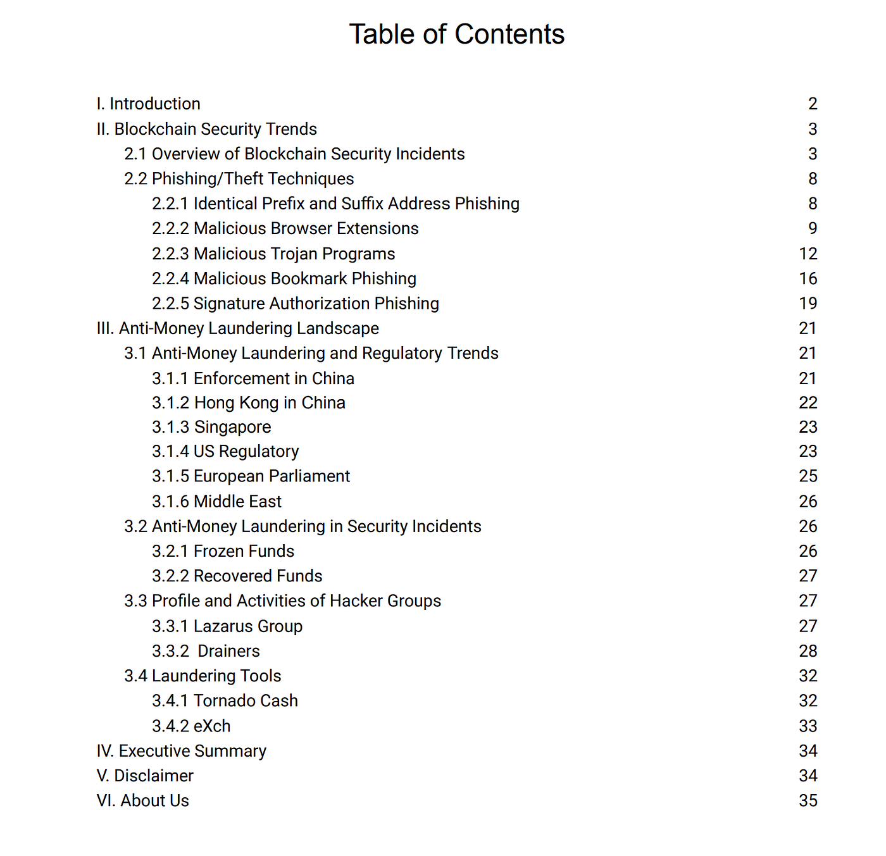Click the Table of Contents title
pos(456,34)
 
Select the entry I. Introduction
pos(149,104)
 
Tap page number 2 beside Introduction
pos(813,104)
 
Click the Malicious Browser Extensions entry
pos(285,228)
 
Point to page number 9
pos(813,228)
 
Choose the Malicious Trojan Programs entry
pos(273,254)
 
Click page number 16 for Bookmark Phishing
pos(808,278)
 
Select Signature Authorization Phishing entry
pos(296,304)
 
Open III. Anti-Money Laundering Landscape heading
pos(238,328)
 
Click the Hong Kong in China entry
pos(249,403)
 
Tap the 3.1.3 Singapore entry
pos(211,427)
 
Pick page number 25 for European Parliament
pos(808,476)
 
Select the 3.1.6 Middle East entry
pos(216,501)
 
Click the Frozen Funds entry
pos(223,551)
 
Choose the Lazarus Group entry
pos(227,626)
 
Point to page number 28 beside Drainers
pos(808,651)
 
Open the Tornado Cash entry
pos(225,701)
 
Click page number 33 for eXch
pos(808,726)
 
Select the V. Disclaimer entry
pos(145,776)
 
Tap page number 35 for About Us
pos(808,800)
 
